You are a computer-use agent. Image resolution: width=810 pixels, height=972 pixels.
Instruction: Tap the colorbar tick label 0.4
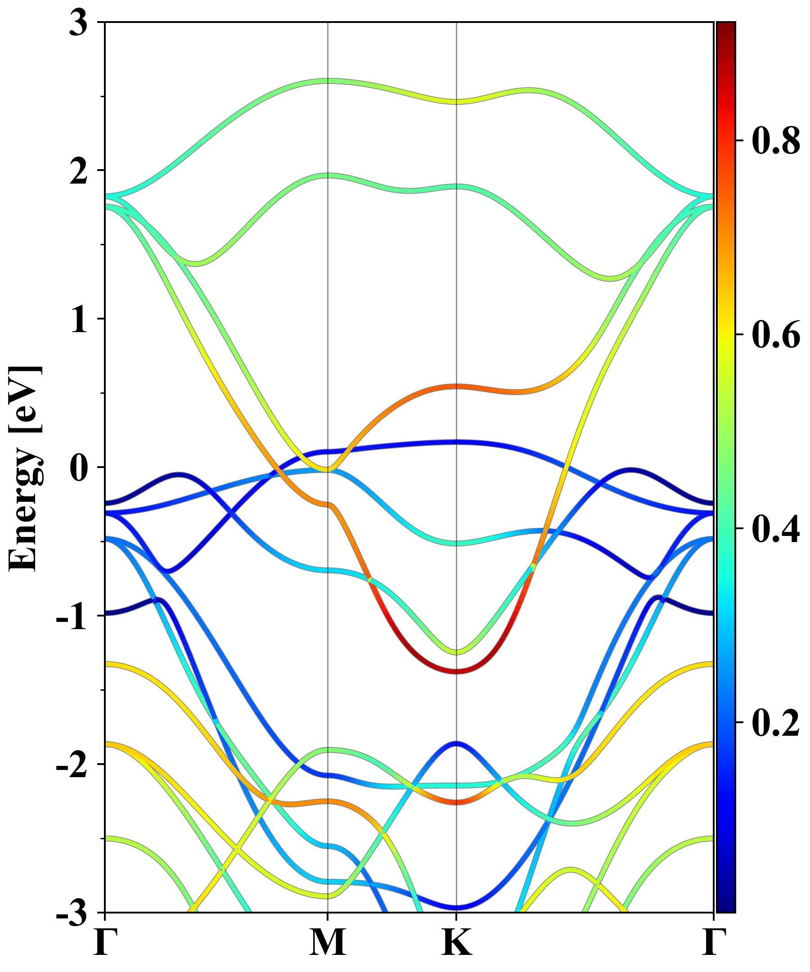coord(776,529)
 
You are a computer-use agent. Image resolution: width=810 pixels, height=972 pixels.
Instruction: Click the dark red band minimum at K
coord(457,671)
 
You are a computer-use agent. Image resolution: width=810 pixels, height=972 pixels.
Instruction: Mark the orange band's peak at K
coord(457,386)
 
